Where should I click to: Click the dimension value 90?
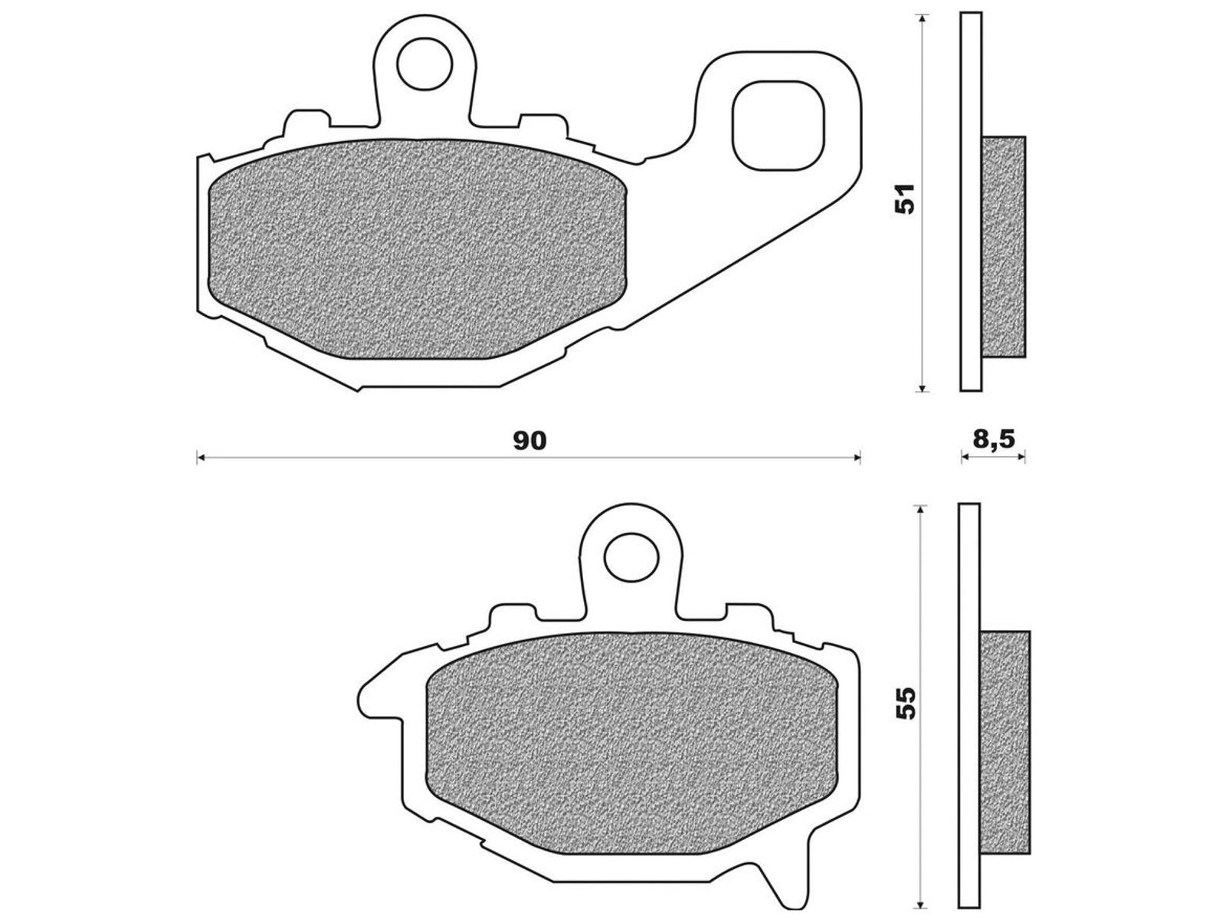tap(529, 441)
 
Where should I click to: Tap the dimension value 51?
tap(905, 198)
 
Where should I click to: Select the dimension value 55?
tap(906, 703)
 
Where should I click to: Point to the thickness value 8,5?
tap(992, 440)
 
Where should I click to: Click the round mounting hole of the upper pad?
tap(424, 64)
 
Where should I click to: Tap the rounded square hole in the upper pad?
tap(778, 125)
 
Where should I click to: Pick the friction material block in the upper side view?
tap(1003, 247)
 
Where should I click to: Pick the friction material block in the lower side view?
tap(1005, 743)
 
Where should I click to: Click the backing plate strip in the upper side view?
tap(971, 202)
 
